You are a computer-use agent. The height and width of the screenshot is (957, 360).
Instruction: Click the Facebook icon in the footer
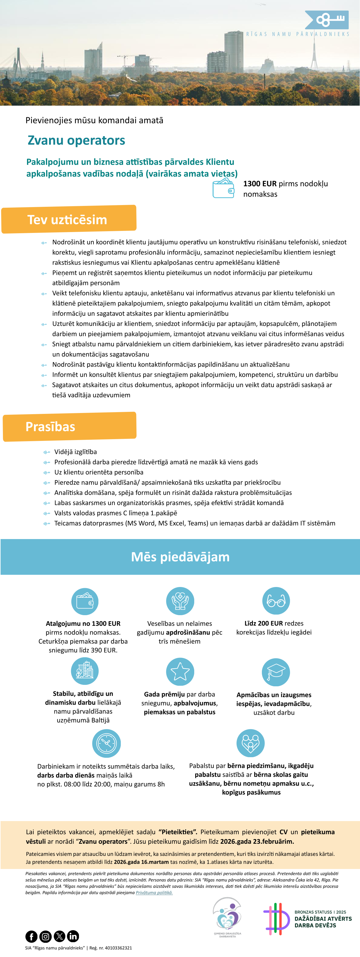pyautogui.click(x=32, y=936)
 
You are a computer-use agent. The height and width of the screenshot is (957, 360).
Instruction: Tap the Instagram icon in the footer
pyautogui.click(x=45, y=936)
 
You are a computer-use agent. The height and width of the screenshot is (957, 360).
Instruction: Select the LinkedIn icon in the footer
pyautogui.click(x=73, y=936)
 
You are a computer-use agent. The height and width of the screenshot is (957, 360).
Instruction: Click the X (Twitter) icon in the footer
pyautogui.click(x=60, y=936)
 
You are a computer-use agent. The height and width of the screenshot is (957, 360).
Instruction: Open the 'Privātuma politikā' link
pyautogui.click(x=154, y=892)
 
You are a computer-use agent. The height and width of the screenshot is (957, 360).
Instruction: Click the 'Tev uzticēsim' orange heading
pyautogui.click(x=67, y=220)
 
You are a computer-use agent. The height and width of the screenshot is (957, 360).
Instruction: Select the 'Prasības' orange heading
pyautogui.click(x=51, y=426)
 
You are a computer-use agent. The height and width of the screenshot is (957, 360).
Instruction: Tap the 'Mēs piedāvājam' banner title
pyautogui.click(x=180, y=557)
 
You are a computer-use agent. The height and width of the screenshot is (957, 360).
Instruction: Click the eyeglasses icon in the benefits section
pyautogui.click(x=276, y=601)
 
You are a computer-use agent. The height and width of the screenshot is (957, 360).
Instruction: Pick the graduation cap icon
pyautogui.click(x=276, y=672)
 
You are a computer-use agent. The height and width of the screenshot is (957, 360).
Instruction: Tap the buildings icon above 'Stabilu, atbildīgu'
pyautogui.click(x=85, y=671)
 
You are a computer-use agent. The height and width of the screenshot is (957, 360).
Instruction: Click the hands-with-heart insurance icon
pyautogui.click(x=180, y=601)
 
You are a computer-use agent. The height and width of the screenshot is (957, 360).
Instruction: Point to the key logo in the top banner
pyautogui.click(x=327, y=20)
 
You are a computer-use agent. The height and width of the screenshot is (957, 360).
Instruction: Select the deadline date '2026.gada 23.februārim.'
pyautogui.click(x=257, y=841)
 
